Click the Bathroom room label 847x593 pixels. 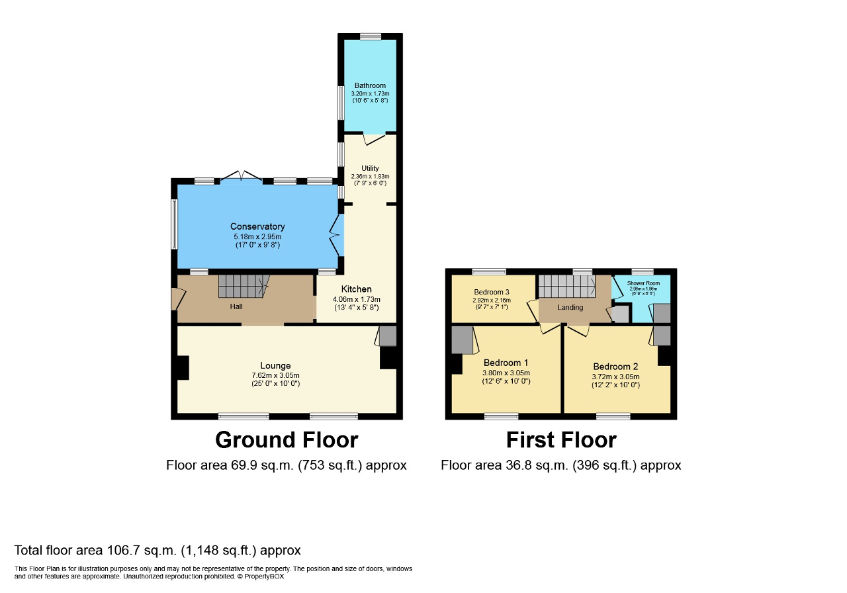[370, 85]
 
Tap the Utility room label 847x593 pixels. [370, 168]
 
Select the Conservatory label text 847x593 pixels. [257, 227]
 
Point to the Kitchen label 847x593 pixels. [356, 289]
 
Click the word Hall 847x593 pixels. [236, 306]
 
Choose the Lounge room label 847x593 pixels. [275, 365]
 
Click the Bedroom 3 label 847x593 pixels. [492, 292]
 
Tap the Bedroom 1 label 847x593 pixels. [506, 363]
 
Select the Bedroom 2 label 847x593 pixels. [615, 367]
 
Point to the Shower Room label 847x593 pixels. [644, 283]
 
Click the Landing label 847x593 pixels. [570, 307]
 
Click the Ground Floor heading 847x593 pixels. [287, 440]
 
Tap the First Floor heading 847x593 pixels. [561, 440]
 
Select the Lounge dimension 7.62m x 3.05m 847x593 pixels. [275, 375]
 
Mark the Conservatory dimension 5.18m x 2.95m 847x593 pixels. [257, 236]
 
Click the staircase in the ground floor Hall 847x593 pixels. [243, 287]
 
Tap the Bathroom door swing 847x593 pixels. [375, 139]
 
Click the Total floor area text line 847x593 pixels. [157, 550]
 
